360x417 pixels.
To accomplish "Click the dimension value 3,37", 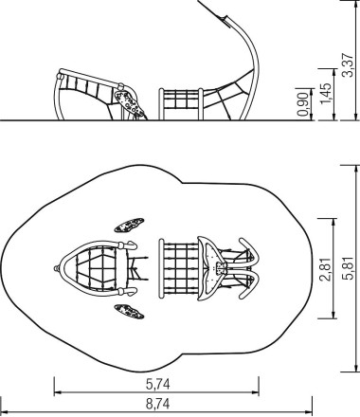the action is point(349,65).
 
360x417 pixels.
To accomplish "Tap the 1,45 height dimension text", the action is point(325,93).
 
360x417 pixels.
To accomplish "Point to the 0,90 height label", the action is point(303,104).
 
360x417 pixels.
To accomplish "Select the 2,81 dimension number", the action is point(325,269).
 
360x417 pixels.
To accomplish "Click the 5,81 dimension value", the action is point(349,268).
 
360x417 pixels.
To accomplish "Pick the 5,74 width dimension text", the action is point(158,385).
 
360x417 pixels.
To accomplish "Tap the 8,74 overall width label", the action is point(157,404).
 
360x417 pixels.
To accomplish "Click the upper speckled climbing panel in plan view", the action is point(129,225).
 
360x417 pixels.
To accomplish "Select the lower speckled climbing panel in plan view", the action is point(129,312).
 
